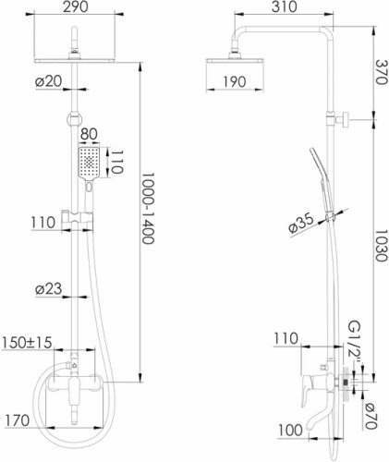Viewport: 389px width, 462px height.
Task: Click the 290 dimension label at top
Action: (x=76, y=6)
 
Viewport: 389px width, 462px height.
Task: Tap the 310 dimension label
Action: (x=285, y=6)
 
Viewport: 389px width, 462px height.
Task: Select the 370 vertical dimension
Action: (x=381, y=72)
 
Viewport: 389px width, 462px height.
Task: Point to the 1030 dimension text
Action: (x=381, y=245)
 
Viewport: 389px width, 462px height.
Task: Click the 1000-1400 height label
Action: (x=148, y=208)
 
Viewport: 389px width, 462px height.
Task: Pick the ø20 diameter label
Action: (x=48, y=81)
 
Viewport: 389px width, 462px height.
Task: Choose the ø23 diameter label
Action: (x=48, y=289)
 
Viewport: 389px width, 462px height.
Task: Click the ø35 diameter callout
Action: (x=301, y=223)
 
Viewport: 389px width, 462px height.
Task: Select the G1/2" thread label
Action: (x=354, y=342)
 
